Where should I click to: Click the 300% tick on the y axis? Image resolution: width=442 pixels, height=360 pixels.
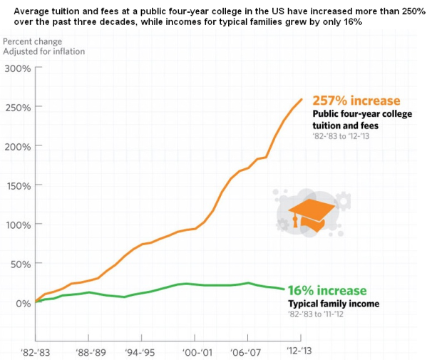click(x=17, y=68)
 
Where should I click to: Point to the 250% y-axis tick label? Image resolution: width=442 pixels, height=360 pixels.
click(x=17, y=107)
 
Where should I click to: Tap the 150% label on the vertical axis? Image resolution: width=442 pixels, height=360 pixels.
click(x=17, y=185)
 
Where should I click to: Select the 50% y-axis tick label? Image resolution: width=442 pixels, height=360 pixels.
click(x=19, y=264)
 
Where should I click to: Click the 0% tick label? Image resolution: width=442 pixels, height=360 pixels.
click(x=22, y=303)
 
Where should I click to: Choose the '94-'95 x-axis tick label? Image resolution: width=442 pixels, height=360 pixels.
click(x=140, y=351)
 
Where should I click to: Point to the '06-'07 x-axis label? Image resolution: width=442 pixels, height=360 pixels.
click(x=247, y=351)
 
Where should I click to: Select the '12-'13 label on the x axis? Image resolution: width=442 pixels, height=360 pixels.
click(x=299, y=351)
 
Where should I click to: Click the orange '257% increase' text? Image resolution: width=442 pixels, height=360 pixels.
click(x=356, y=101)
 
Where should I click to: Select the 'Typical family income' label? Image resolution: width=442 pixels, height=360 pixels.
click(x=333, y=304)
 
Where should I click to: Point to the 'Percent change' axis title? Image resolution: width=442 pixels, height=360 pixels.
click(x=32, y=41)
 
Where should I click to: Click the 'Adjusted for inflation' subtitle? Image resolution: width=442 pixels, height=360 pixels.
click(x=44, y=52)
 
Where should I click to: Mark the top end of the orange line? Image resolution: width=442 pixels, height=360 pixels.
click(x=302, y=99)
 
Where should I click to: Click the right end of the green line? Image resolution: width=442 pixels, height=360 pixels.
click(x=284, y=289)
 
